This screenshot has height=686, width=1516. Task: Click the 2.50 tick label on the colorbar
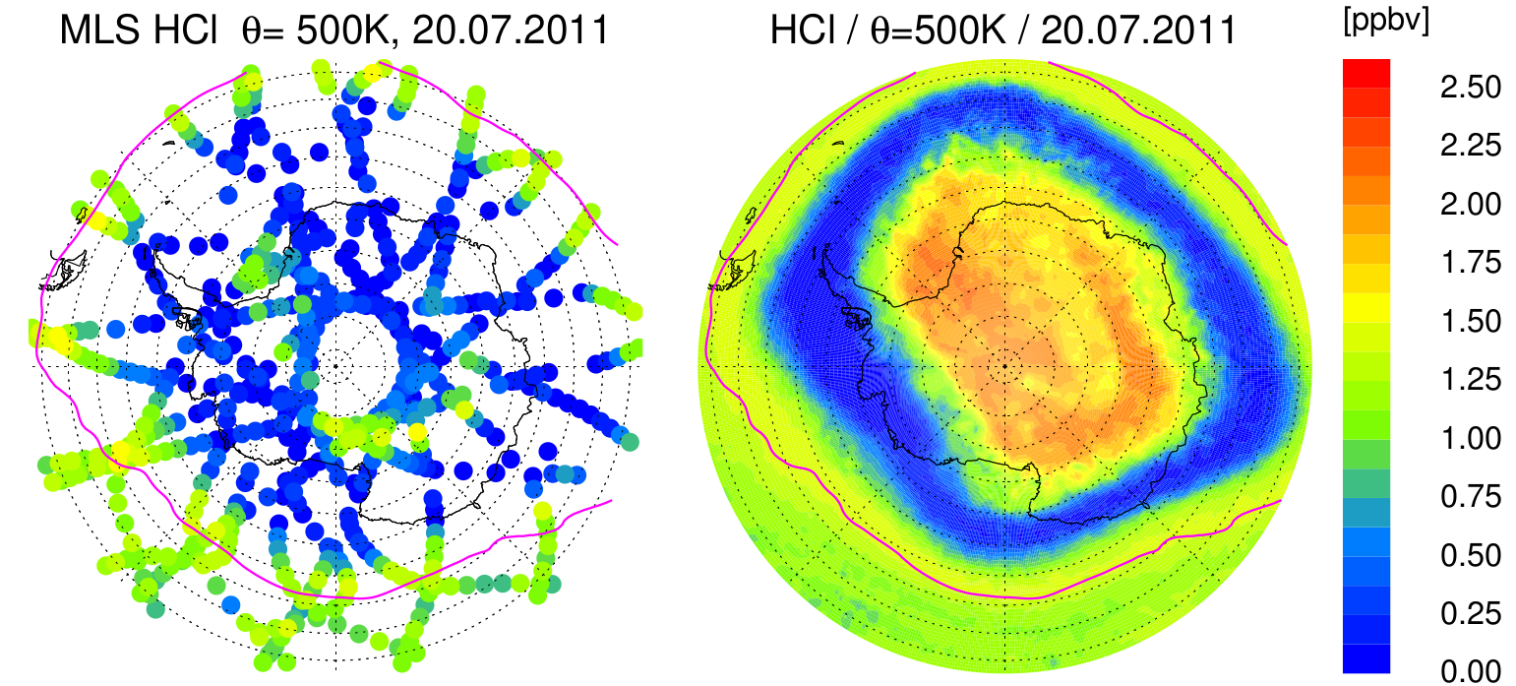click(1471, 88)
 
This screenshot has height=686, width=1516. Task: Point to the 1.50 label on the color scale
click(1471, 322)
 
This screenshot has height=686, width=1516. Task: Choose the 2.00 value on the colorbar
click(1471, 205)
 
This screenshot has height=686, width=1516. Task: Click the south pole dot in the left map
click(335, 366)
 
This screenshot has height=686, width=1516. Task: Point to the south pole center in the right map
click(1004, 366)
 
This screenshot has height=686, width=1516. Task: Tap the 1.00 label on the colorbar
click(1471, 439)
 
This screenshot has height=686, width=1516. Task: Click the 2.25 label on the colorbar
click(1471, 146)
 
